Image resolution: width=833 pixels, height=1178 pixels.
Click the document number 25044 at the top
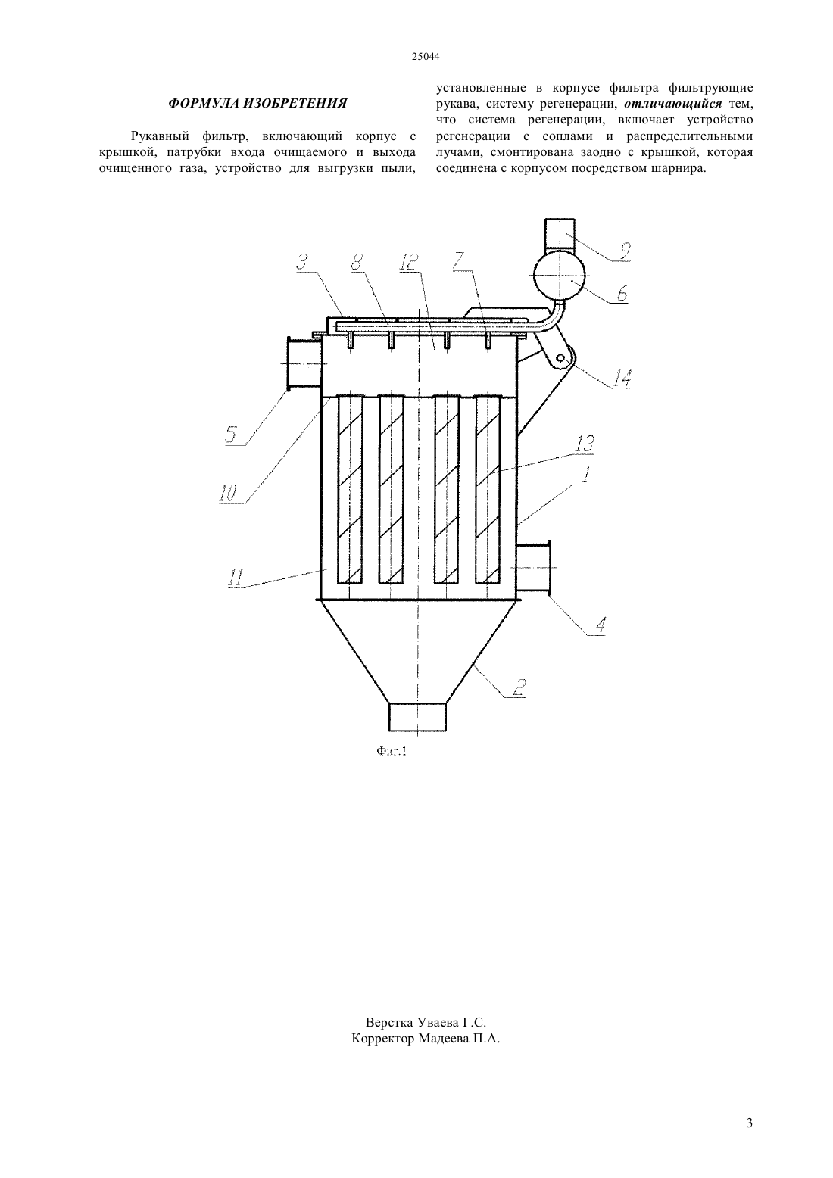425,57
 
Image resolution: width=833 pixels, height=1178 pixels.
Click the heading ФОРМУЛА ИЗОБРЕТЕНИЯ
257,104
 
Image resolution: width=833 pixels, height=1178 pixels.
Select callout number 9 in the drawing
624,251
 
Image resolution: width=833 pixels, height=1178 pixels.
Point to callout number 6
622,293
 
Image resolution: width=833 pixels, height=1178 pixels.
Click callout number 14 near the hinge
621,379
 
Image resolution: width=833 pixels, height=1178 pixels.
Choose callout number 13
585,444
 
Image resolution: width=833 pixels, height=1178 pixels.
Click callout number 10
228,494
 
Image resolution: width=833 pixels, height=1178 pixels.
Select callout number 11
236,578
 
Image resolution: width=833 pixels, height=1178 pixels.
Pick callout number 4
601,625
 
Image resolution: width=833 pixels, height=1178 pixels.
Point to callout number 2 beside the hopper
519,687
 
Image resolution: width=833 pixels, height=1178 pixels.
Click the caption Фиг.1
392,752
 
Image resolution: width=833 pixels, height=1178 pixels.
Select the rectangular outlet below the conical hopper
417,717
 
